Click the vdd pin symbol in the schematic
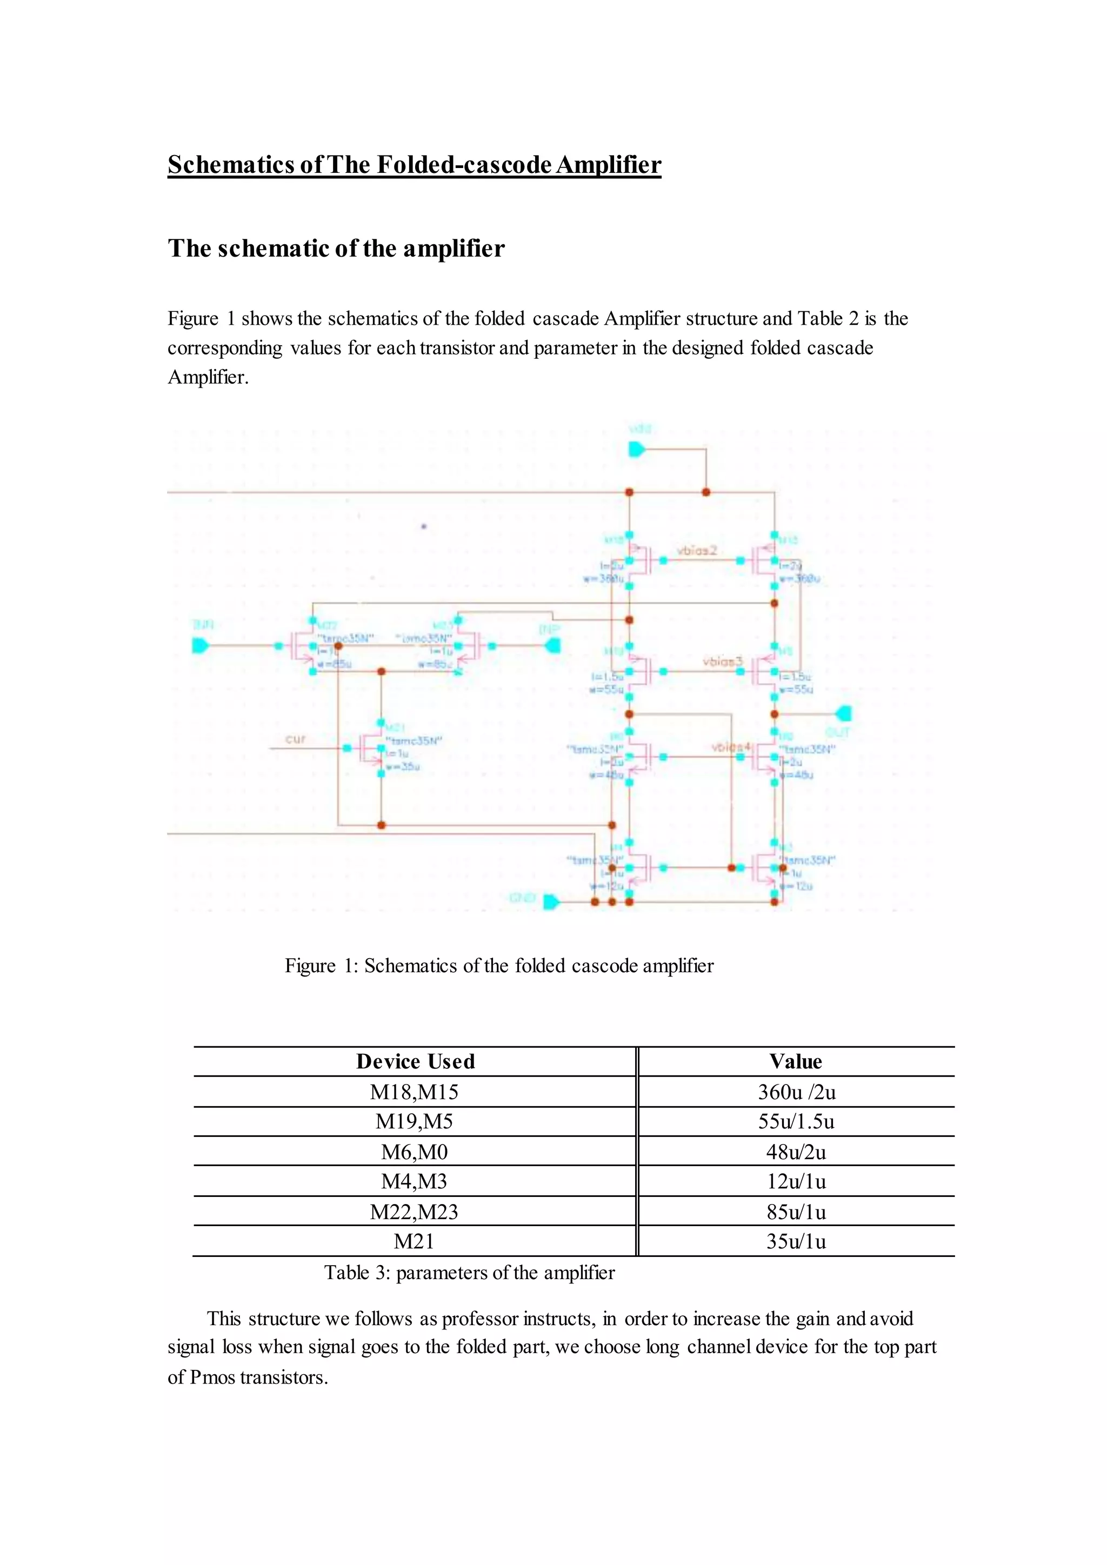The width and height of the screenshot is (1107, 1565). [x=637, y=450]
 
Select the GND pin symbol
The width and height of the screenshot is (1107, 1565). [x=551, y=902]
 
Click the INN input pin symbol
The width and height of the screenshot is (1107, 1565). [x=199, y=645]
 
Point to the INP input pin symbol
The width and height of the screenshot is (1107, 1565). [x=553, y=645]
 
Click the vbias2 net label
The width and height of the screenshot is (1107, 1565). [x=697, y=551]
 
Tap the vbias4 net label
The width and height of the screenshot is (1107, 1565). [x=731, y=747]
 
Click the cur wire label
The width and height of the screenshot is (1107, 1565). [x=295, y=739]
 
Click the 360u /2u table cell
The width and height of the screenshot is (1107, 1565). [x=796, y=1092]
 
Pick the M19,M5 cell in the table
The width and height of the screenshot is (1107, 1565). [x=414, y=1121]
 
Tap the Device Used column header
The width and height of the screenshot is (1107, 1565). [x=415, y=1061]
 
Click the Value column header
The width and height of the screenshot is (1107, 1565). [x=796, y=1061]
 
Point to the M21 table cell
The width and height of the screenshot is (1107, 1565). [x=414, y=1241]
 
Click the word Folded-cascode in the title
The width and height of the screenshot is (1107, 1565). [x=464, y=165]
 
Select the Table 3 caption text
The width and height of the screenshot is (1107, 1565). [x=469, y=1273]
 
